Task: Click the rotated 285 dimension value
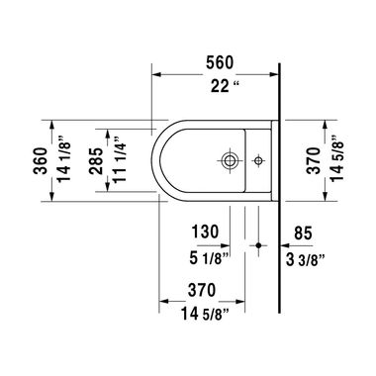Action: pyautogui.click(x=96, y=158)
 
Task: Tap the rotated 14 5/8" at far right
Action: pyautogui.click(x=341, y=158)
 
